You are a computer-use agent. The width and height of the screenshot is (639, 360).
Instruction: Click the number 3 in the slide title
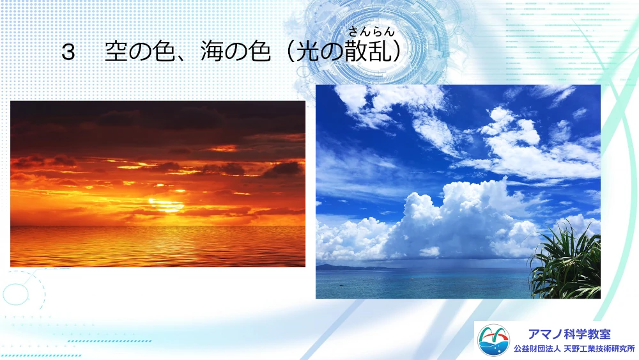(x=68, y=52)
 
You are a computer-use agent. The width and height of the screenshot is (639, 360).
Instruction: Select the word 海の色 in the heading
(x=235, y=52)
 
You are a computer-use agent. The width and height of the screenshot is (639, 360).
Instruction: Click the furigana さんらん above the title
(x=371, y=31)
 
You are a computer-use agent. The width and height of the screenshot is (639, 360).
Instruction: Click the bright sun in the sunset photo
(x=166, y=205)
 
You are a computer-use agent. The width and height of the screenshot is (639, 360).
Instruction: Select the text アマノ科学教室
(x=569, y=334)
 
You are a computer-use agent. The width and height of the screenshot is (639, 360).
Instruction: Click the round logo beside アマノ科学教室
(x=493, y=340)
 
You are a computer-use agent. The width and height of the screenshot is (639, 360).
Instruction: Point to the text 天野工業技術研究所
(x=599, y=349)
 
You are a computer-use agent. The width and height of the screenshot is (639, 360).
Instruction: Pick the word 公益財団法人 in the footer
(x=537, y=349)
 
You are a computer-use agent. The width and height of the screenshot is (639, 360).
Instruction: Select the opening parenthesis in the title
(x=290, y=52)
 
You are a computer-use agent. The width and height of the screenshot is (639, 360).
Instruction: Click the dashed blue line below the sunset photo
(x=109, y=341)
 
